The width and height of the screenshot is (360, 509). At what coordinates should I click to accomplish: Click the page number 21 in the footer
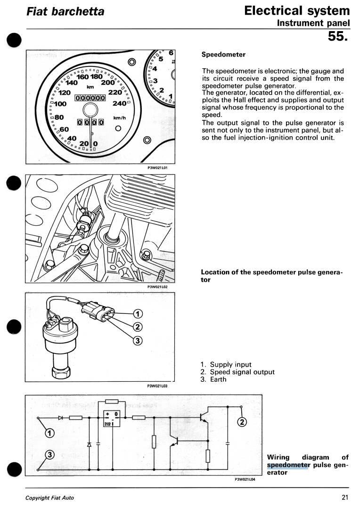click(x=345, y=497)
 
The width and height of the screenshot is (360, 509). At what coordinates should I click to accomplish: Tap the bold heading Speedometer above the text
click(x=223, y=54)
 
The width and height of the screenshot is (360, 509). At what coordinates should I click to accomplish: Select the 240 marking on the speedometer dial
click(x=121, y=104)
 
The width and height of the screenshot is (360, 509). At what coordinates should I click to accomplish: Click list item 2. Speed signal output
click(x=237, y=372)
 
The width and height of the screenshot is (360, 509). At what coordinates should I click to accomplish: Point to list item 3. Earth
click(x=213, y=379)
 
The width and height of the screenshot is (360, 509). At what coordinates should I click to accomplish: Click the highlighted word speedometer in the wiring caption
click(x=287, y=465)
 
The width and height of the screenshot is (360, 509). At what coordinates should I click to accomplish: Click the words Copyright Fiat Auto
click(x=49, y=498)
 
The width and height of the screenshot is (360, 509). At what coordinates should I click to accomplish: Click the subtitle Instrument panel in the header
click(x=313, y=23)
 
